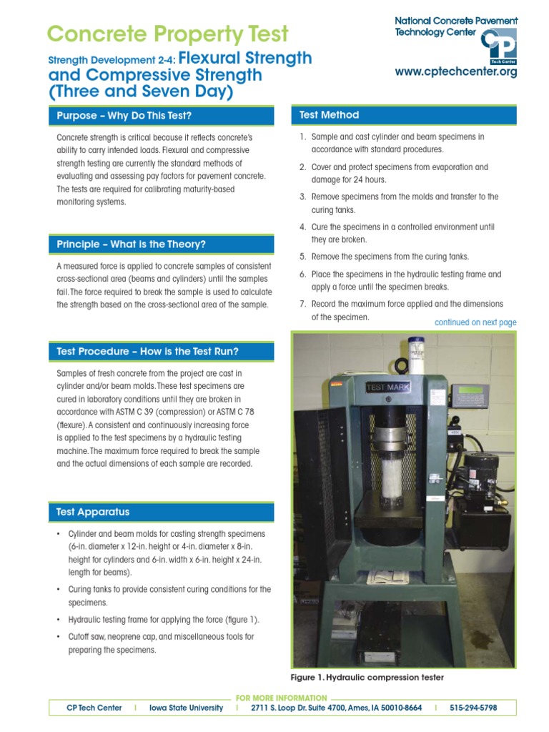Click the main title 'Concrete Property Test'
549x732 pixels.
(x=167, y=34)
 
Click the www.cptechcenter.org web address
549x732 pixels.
(x=456, y=72)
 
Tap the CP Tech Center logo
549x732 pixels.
(x=498, y=47)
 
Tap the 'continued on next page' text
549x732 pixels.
(x=475, y=322)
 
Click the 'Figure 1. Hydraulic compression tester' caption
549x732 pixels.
(x=367, y=677)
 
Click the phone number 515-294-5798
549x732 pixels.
(x=473, y=708)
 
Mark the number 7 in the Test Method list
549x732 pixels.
(x=302, y=304)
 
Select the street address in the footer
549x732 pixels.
(x=336, y=708)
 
